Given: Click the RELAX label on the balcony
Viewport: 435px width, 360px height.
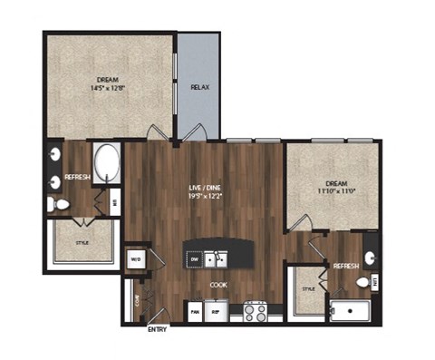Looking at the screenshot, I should [x=198, y=89].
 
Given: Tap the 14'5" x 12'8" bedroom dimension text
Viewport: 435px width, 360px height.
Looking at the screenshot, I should [x=109, y=88].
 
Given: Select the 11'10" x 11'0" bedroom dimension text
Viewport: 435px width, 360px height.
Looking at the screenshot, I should [x=331, y=192].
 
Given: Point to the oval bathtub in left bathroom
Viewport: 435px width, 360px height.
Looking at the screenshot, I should [x=108, y=164].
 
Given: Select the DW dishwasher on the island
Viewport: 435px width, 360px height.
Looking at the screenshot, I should [x=194, y=259].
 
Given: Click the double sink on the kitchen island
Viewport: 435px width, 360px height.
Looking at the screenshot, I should [x=216, y=258].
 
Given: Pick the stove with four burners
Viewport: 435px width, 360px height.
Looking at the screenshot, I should [x=255, y=313].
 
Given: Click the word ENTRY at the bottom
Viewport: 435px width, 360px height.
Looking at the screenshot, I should [x=156, y=330].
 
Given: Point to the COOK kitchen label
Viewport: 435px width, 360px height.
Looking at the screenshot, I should [x=218, y=284].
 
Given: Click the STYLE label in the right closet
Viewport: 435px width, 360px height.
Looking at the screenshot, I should [x=307, y=288].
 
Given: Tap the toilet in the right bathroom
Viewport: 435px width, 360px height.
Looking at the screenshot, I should [x=363, y=283].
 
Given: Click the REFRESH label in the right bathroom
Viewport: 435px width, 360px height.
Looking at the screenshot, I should [x=345, y=267].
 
